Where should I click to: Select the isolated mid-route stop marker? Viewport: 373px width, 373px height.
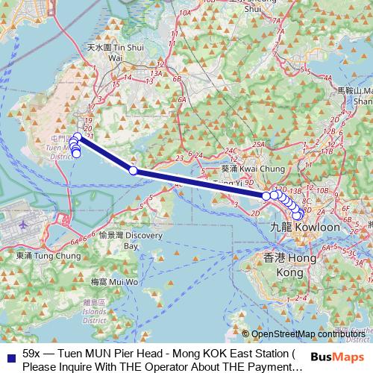pos(134,171)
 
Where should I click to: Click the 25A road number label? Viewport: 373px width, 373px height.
pos(259,143)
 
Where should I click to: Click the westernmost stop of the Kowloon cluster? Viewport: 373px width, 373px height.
pos(266,195)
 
